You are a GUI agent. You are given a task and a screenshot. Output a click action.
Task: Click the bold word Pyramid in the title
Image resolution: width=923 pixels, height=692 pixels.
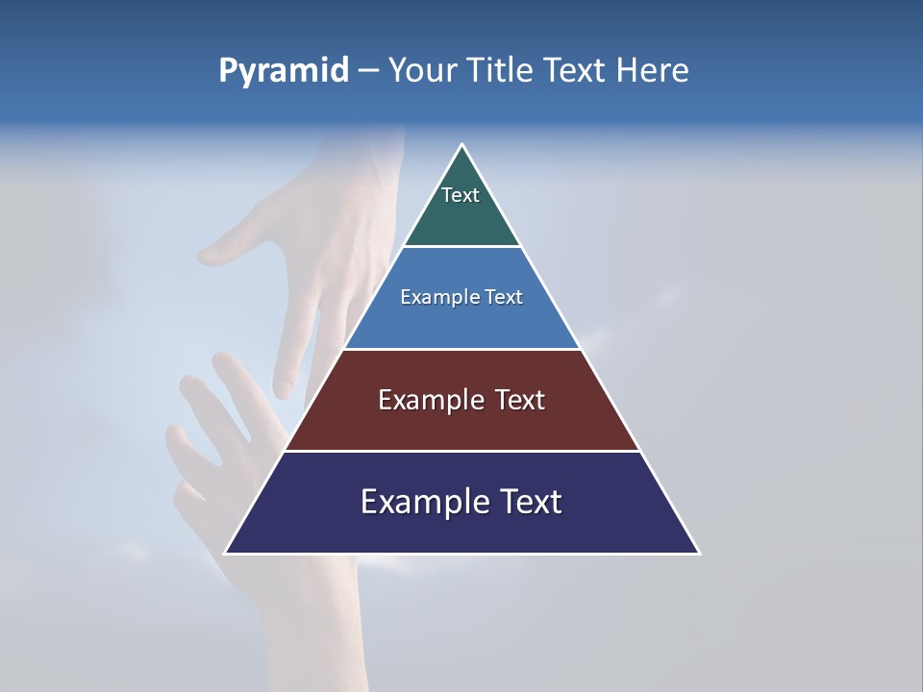click(x=283, y=71)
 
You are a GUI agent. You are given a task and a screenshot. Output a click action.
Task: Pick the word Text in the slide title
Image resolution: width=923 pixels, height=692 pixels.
click(x=576, y=71)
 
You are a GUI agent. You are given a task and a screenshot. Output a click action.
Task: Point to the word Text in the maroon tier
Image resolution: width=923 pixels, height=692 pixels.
click(x=520, y=400)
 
